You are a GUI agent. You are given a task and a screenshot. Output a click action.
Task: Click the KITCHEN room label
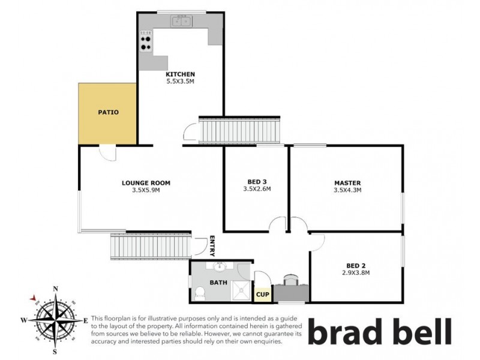pos(180,74)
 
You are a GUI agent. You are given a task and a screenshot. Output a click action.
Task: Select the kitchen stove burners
pos(145,42)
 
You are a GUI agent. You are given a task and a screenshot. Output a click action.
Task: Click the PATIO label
pos(108,112)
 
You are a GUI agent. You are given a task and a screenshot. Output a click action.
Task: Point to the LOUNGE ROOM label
pos(146,183)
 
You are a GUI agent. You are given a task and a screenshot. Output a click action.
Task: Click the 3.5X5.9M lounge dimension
pos(146,190)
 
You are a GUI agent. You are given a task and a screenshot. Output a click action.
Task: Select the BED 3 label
pos(257,182)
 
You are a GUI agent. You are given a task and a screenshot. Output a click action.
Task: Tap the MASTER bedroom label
pos(347,182)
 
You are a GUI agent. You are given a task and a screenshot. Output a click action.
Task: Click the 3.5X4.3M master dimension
pos(347,190)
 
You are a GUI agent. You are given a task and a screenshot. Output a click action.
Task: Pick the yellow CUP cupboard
pos(262,294)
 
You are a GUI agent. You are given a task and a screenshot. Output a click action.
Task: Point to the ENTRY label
pos(212,245)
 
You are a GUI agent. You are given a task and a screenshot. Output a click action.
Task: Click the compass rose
pos(55,319)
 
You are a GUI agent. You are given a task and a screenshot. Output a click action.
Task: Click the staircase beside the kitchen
pos(239,130)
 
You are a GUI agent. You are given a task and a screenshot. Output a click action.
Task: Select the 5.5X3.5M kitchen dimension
pos(180,82)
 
